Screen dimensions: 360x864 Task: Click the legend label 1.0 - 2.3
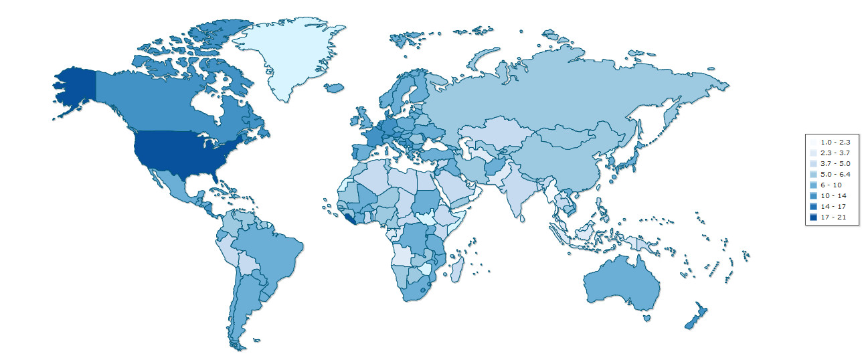click(829, 143)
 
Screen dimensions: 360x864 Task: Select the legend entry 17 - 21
click(829, 217)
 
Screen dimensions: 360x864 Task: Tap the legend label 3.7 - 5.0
click(829, 164)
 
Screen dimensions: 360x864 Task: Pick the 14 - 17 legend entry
click(829, 206)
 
